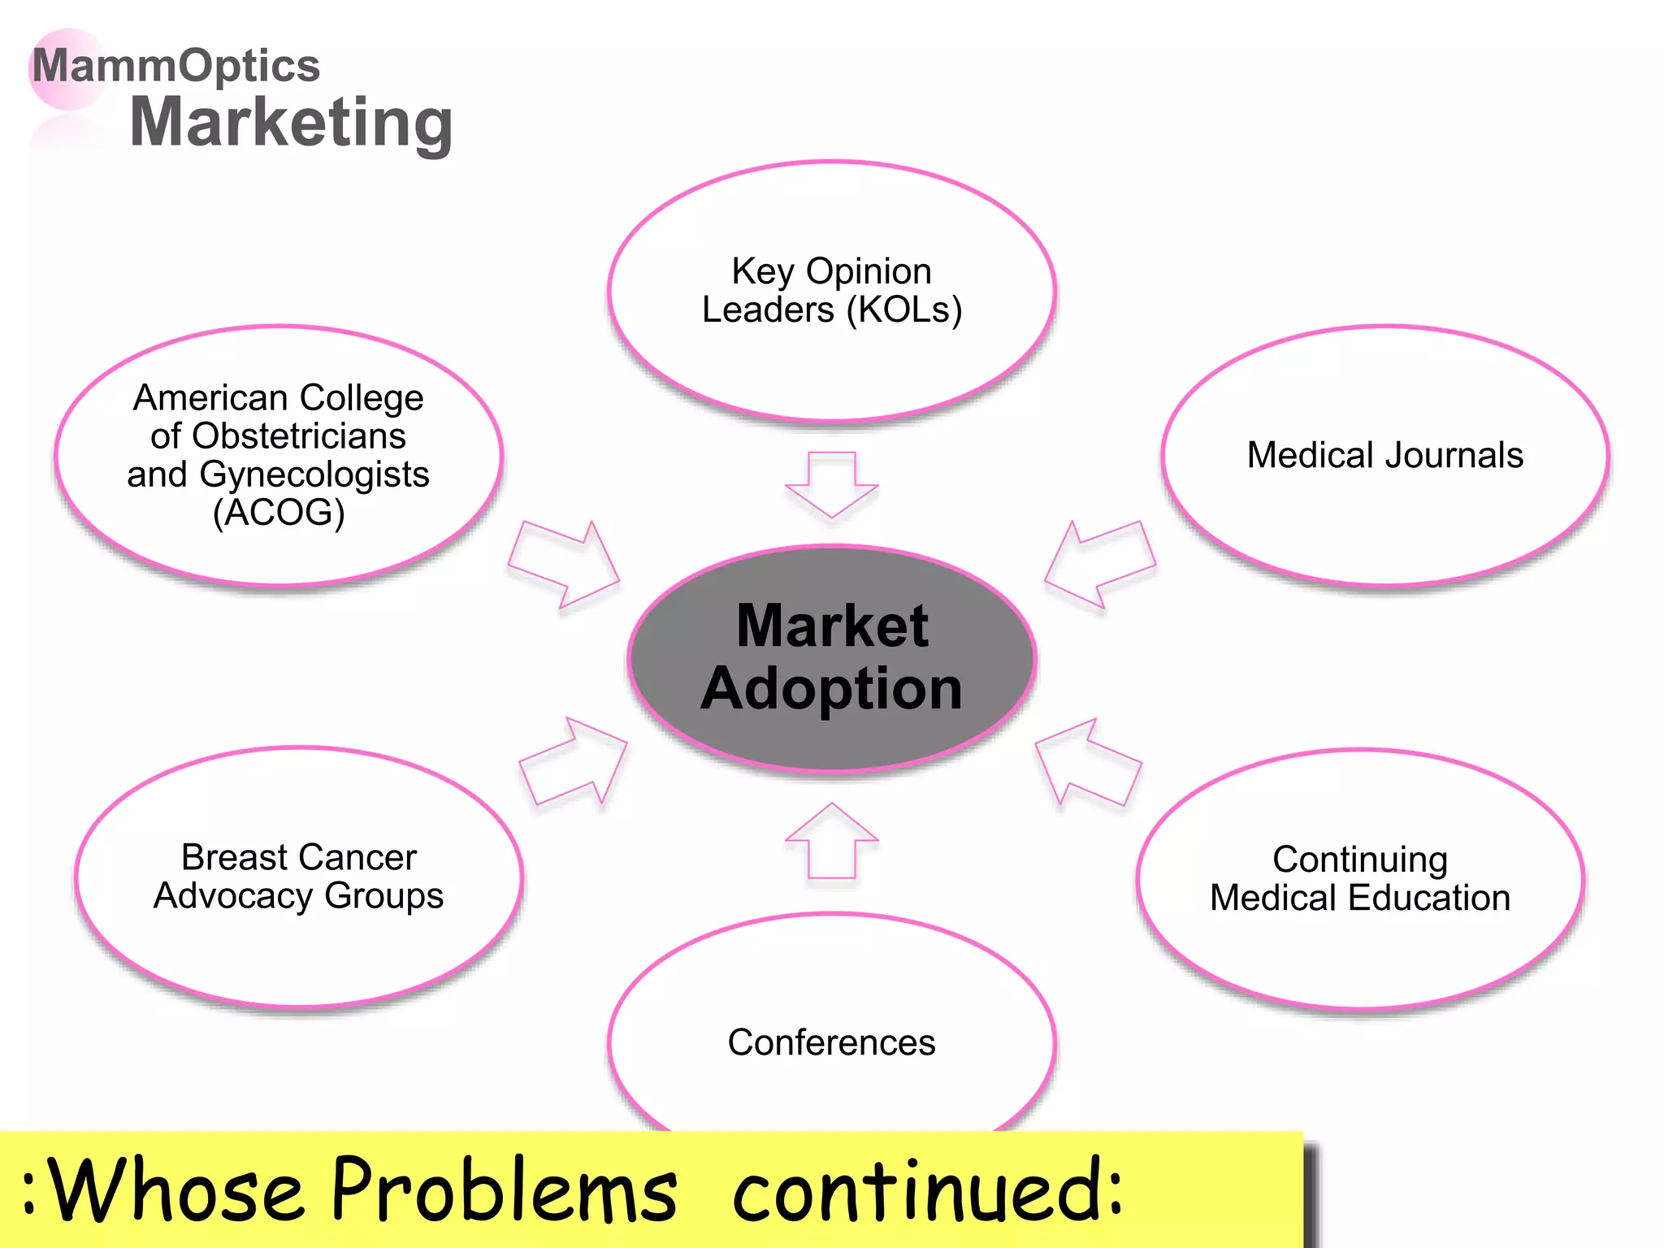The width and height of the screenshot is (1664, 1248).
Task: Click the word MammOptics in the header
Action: click(x=176, y=66)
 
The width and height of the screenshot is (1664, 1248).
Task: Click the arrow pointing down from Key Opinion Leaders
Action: click(x=831, y=484)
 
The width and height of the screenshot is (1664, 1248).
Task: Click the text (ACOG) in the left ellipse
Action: click(x=279, y=513)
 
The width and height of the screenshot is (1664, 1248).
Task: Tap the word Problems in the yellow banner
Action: click(x=505, y=1190)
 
